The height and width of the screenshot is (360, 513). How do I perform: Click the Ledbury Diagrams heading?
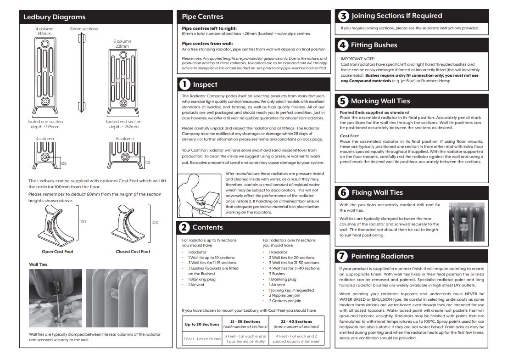click(x=55, y=17)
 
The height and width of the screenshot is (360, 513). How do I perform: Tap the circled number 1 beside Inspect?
click(x=184, y=84)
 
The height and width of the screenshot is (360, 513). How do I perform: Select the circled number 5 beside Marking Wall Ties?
click(x=343, y=101)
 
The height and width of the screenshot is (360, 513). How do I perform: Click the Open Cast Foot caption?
click(x=57, y=252)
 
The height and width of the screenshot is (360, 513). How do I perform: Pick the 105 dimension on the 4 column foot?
click(x=63, y=163)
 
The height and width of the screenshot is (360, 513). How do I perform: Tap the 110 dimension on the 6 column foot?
click(x=147, y=163)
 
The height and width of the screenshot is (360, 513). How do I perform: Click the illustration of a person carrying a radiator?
click(x=200, y=193)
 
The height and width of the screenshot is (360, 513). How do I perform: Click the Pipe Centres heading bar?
click(x=253, y=17)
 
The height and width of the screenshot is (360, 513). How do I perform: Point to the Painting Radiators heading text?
click(x=382, y=256)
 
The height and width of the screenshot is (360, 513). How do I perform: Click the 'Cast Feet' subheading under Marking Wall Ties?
click(x=349, y=136)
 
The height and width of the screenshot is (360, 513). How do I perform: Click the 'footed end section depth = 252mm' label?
click(x=124, y=124)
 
